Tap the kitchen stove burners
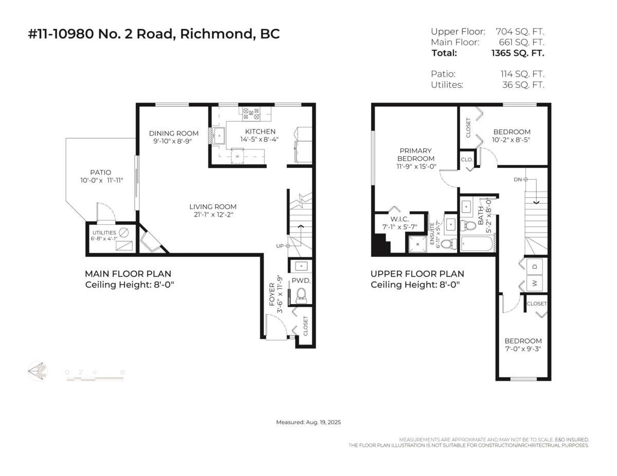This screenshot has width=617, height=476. point(252,111)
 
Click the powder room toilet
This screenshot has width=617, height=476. point(301,294)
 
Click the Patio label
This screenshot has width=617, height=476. point(101,173)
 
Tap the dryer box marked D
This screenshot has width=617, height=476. point(535,266)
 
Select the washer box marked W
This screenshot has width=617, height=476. point(535,282)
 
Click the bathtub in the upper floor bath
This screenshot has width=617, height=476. point(477,243)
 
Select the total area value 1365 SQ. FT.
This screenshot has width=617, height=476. point(517,53)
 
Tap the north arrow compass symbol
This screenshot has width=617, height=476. point(38,371)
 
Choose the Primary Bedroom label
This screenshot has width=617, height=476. point(416,155)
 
